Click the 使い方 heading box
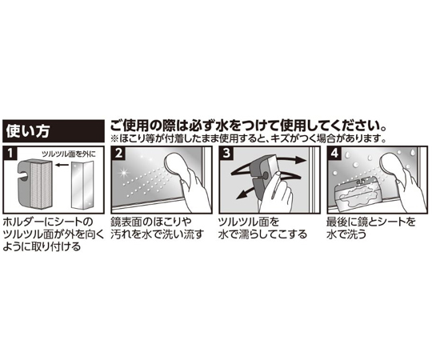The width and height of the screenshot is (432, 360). (54, 130)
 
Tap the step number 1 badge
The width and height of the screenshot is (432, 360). (10, 153)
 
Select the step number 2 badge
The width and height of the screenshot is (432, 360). (118, 153)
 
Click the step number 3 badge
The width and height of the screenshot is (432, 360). (226, 153)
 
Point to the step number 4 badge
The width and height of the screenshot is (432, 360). (334, 153)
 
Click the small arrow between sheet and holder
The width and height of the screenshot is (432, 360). (61, 165)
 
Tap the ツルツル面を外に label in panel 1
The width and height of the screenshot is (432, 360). (68, 154)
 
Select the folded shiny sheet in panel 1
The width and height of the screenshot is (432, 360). (82, 185)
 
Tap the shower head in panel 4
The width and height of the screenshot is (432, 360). (392, 166)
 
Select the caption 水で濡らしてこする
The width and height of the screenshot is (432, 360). (262, 234)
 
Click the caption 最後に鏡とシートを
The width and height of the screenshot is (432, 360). (370, 222)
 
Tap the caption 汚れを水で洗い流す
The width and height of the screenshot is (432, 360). (157, 234)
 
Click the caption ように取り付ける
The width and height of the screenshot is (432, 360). (42, 246)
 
